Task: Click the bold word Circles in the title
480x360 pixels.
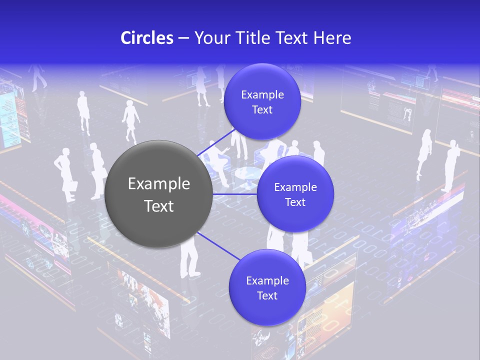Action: pos(146,38)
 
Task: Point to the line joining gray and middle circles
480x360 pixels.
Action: pos(235,194)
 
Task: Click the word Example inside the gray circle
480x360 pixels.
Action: pos(159,184)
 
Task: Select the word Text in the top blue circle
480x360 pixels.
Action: pos(262,110)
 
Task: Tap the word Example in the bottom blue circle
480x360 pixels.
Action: pos(267,281)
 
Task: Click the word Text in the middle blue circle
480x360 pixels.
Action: pos(295,202)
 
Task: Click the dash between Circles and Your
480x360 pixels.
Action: pos(183,38)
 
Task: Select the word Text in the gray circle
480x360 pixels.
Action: pos(159,206)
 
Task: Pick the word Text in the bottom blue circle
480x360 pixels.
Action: pos(267,296)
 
